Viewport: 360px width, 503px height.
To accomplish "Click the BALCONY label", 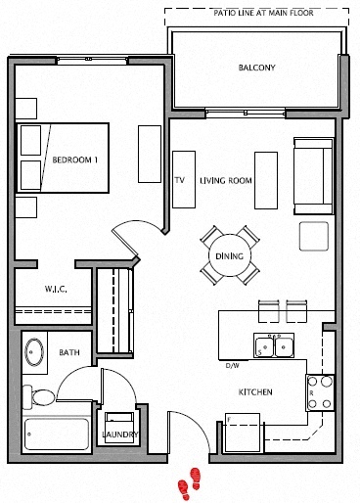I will pyautogui.click(x=256, y=69).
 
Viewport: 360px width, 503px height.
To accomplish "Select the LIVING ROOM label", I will pyautogui.click(x=226, y=181).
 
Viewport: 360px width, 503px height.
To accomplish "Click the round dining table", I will pyautogui.click(x=232, y=256).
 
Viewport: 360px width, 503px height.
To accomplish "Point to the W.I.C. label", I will pyautogui.click(x=54, y=290).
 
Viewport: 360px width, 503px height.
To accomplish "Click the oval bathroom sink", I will pyautogui.click(x=36, y=351).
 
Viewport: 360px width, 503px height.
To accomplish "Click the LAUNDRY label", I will pyautogui.click(x=119, y=434).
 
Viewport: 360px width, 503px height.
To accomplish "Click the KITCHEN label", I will pyautogui.click(x=254, y=392).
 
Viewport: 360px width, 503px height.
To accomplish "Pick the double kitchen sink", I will pyautogui.click(x=273, y=345).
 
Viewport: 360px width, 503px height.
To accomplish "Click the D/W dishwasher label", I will pyautogui.click(x=232, y=365).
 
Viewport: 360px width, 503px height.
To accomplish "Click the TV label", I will pyautogui.click(x=179, y=181).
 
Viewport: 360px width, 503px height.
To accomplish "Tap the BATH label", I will pyautogui.click(x=68, y=352).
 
